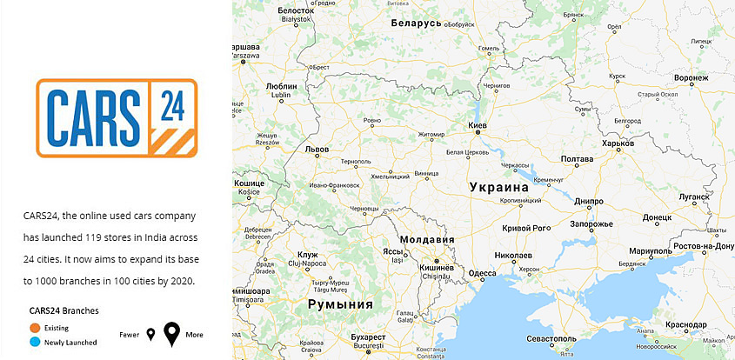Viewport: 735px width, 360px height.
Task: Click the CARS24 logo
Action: [117, 117]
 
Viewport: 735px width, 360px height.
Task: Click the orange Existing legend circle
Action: [35, 327]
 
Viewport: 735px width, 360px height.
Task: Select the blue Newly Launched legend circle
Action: [35, 342]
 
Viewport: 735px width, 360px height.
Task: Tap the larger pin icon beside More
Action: [172, 334]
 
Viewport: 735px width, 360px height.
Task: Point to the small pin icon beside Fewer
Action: [150, 335]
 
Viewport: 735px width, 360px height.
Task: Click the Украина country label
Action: [498, 187]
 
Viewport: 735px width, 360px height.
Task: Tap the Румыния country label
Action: [340, 304]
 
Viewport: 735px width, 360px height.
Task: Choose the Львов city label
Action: [317, 150]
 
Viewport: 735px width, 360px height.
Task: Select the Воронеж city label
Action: [698, 78]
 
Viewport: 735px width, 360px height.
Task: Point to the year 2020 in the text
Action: [182, 281]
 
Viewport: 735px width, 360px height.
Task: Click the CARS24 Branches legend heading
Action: [63, 310]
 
